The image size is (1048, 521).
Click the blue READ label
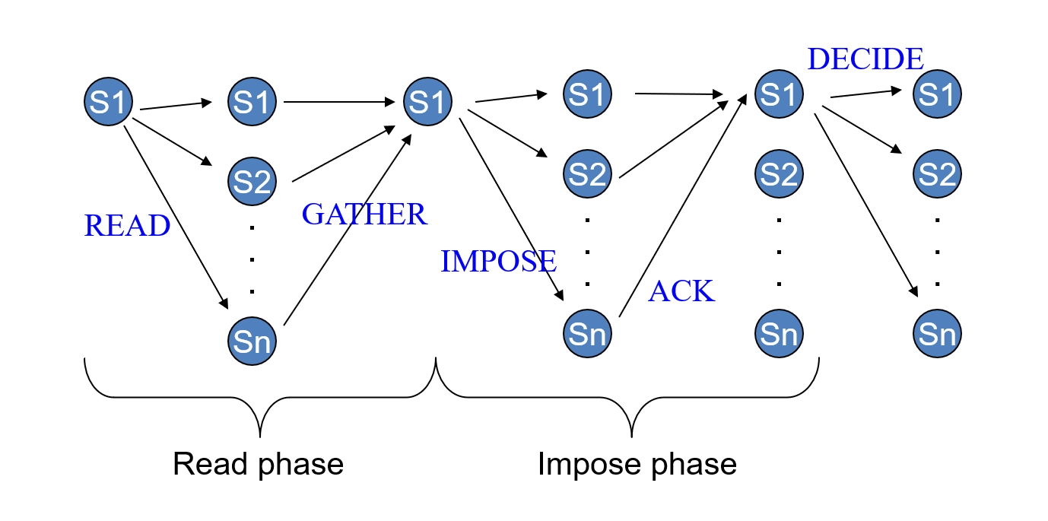(x=127, y=226)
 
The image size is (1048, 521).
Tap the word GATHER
(x=364, y=214)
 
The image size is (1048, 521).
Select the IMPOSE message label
(x=498, y=262)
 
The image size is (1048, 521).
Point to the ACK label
(x=681, y=291)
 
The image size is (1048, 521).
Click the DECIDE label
(x=865, y=59)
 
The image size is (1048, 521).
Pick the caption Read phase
(x=259, y=463)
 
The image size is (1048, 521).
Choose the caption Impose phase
(x=637, y=463)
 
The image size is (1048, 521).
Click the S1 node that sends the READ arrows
(x=108, y=101)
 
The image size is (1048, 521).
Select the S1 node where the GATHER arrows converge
(x=428, y=101)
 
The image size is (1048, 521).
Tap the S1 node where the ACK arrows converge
(x=778, y=94)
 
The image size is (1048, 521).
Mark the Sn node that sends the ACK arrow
(x=586, y=333)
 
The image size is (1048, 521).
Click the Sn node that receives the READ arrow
(x=251, y=342)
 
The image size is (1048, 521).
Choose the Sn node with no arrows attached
(x=778, y=333)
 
